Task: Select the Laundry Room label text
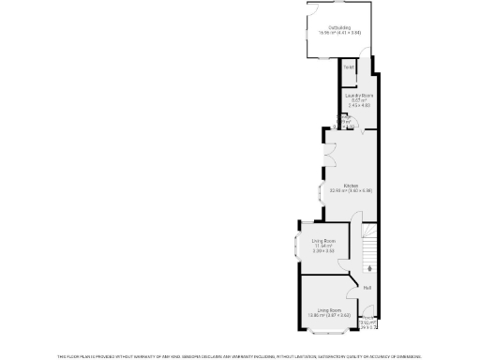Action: pos(352,96)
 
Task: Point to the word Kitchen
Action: pos(351,186)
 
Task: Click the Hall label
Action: pos(367,287)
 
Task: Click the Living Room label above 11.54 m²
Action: pos(323,242)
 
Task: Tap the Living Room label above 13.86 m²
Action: pos(327,309)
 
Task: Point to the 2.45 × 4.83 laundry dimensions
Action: pos(352,106)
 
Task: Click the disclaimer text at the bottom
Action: pos(239,356)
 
